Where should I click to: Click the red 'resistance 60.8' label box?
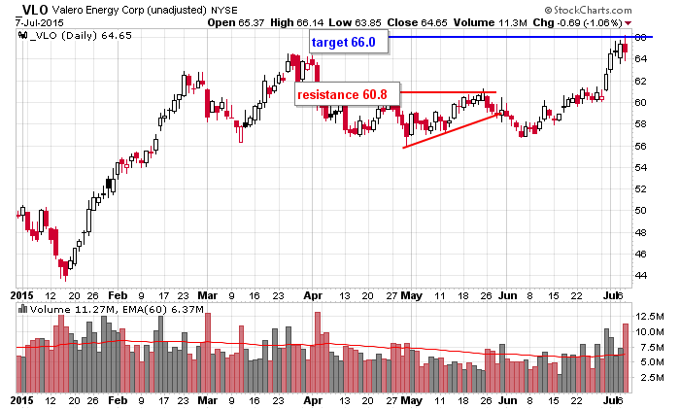(x=347, y=94)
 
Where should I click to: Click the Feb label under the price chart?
(x=117, y=292)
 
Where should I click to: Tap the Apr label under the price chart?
(x=313, y=292)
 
